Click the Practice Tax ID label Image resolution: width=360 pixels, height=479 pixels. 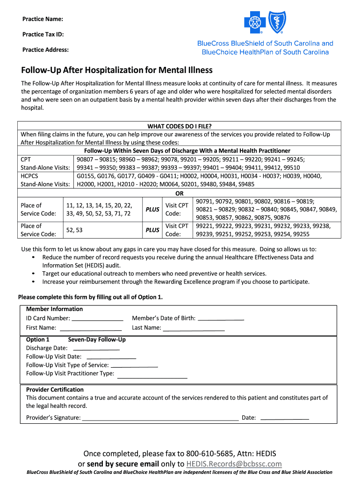tap(43, 34)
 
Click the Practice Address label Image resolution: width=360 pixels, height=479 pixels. tap(45, 50)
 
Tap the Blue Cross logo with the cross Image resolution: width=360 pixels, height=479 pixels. tap(255, 22)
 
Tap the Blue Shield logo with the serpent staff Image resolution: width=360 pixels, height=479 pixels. tap(276, 22)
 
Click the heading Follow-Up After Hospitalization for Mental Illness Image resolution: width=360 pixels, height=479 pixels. tap(117, 70)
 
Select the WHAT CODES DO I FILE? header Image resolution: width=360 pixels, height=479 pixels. tap(180, 126)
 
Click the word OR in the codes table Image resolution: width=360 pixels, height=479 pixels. tap(180, 193)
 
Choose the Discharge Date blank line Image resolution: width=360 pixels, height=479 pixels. tap(96, 348)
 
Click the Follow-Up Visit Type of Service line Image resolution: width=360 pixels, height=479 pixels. tap(134, 366)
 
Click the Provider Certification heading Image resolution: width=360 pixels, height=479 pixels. tap(55, 390)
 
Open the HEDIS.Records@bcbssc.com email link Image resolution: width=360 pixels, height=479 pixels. tap(234, 464)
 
